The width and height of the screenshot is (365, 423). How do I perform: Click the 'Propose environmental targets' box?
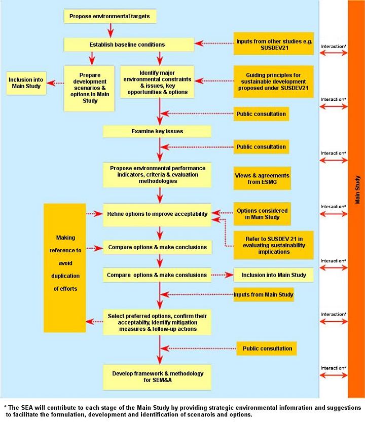[109, 16]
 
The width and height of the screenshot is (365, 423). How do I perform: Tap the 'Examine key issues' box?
[157, 131]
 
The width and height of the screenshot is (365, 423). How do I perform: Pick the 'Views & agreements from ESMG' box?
[262, 178]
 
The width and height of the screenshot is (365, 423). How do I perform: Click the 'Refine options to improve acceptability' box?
[157, 214]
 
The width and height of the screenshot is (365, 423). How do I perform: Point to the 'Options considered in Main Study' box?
[262, 214]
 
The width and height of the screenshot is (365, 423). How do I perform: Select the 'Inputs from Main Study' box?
[264, 294]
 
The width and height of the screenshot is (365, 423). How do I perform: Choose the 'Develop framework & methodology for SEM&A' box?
[157, 377]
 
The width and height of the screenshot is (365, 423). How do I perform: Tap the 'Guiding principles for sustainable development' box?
[273, 81]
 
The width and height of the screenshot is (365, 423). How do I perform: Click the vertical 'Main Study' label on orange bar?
[357, 190]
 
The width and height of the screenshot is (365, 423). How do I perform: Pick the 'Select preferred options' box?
[157, 322]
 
